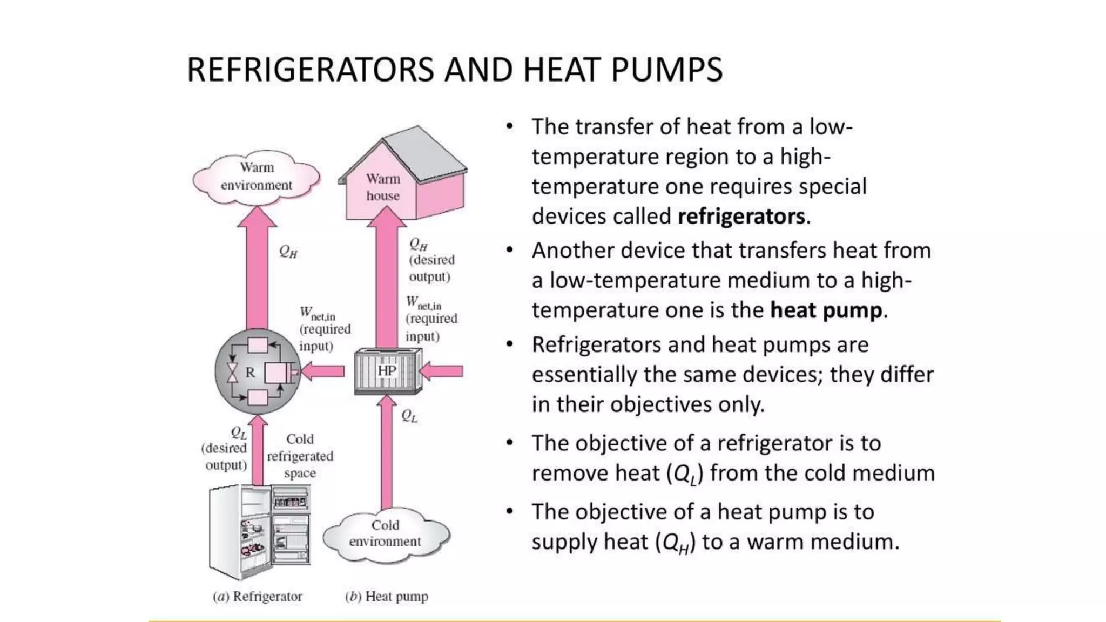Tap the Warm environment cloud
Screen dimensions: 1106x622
coord(257,177)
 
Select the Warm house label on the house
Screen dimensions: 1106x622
coord(383,187)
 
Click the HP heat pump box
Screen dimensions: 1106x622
coord(387,371)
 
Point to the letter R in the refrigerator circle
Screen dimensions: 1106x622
coord(250,373)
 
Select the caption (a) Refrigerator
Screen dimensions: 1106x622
coord(258,597)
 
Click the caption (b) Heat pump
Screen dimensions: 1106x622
coord(387,597)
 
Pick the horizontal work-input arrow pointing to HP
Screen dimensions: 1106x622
coord(442,371)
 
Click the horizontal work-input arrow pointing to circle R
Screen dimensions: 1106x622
coord(323,371)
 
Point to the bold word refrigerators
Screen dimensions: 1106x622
coord(741,217)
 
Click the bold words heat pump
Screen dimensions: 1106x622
coord(826,310)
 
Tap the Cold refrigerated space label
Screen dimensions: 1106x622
coord(300,456)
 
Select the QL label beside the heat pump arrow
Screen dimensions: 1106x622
coord(409,416)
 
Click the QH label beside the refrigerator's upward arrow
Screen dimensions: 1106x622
coord(288,251)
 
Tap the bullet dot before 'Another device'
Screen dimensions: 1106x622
coord(509,251)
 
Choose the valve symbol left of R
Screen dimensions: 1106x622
coord(232,373)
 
